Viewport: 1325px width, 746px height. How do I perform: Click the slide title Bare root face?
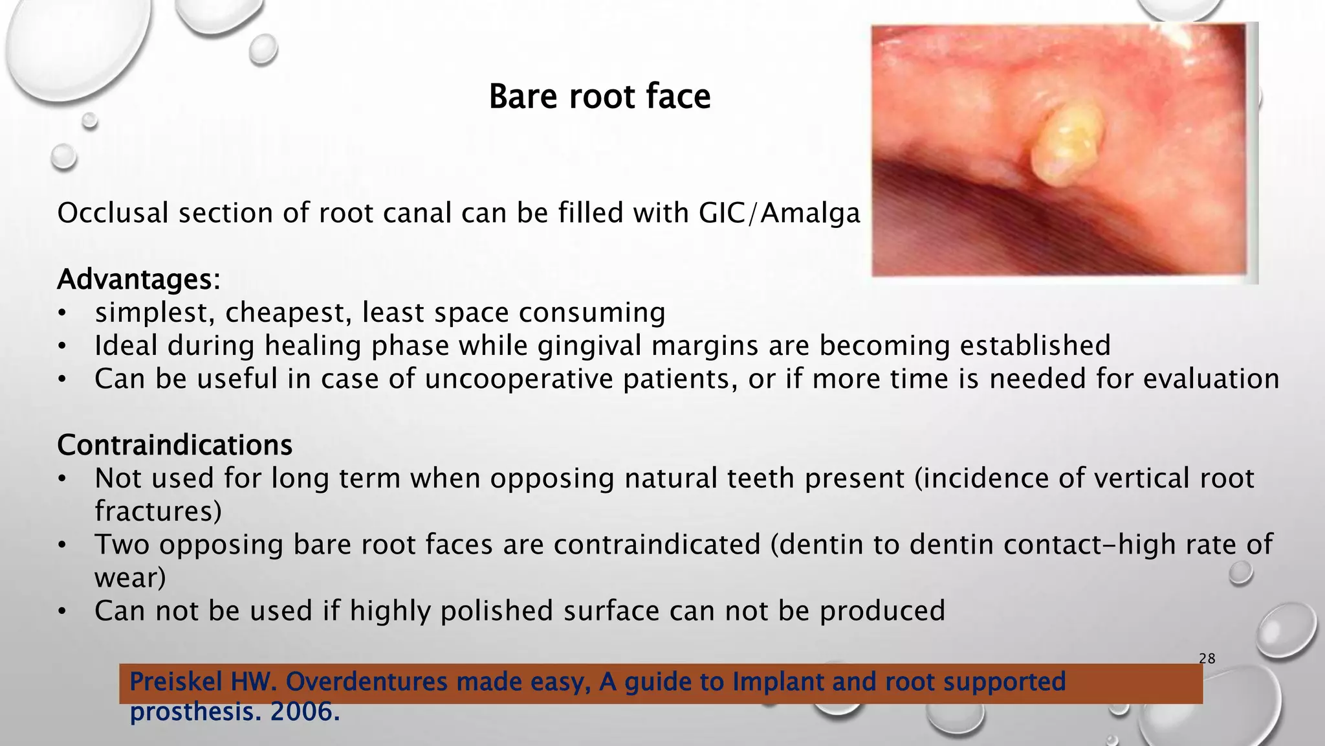tap(599, 96)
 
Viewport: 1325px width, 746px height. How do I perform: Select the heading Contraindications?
tap(175, 445)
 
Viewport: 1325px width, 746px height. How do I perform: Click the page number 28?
tap(1207, 659)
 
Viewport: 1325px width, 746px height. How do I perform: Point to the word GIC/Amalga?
tap(779, 213)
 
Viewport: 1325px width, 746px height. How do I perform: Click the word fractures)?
tap(158, 511)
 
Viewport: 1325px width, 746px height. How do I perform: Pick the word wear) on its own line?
tap(130, 578)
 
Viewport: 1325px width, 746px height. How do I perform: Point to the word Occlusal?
tap(113, 213)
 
